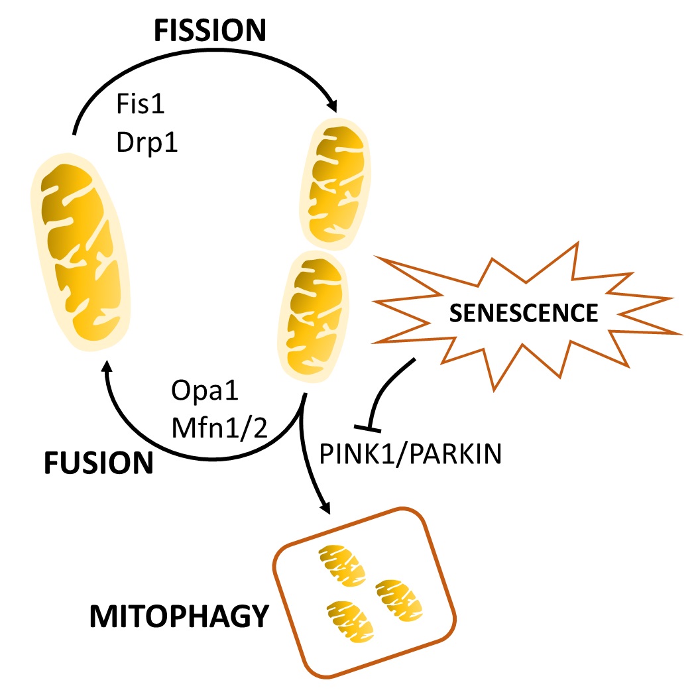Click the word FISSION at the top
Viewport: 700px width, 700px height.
(210, 30)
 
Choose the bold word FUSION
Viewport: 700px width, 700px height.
(99, 463)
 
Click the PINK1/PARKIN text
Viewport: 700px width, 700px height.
(410, 455)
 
